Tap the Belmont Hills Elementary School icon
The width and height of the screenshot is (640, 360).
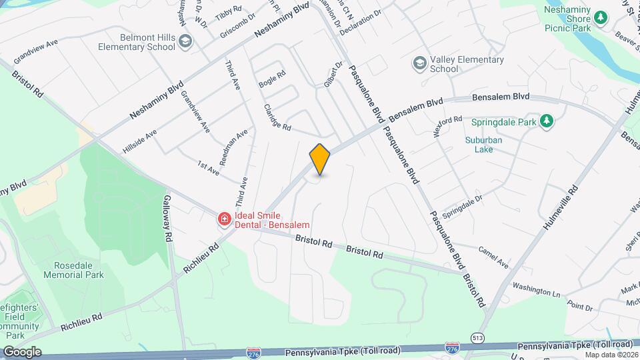click(185, 43)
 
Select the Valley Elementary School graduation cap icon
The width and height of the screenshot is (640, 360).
click(420, 63)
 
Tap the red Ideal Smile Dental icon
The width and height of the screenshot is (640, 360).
click(225, 219)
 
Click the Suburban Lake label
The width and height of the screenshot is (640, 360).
click(484, 145)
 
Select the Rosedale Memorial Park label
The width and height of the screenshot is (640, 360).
click(74, 269)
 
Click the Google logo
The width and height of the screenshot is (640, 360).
click(22, 351)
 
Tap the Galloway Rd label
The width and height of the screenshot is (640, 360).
click(168, 219)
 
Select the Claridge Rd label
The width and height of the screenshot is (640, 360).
click(277, 117)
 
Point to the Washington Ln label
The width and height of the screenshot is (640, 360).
click(536, 289)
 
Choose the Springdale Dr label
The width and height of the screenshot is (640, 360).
click(462, 199)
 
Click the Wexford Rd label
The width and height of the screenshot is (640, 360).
click(447, 126)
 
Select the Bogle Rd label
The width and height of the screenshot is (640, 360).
click(272, 79)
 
